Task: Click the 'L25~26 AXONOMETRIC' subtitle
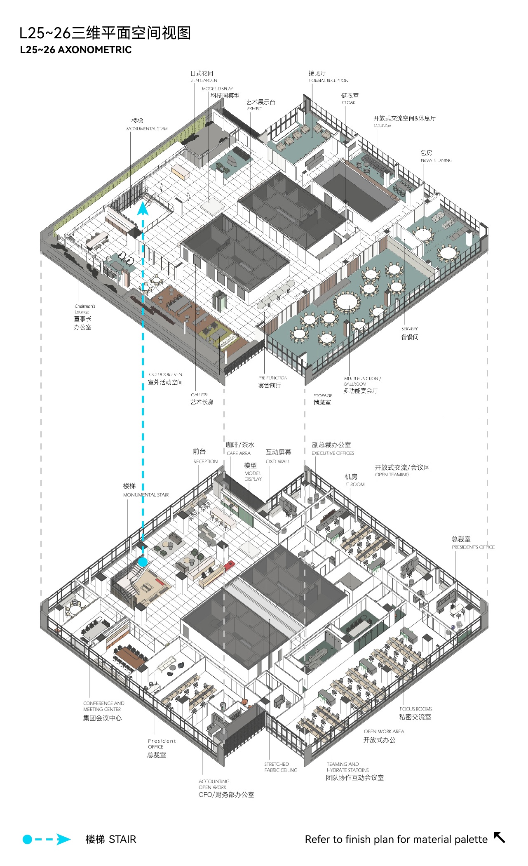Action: (x=76, y=50)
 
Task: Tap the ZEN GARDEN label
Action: (x=204, y=80)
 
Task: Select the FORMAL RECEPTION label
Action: (x=329, y=80)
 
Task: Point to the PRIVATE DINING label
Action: (x=436, y=160)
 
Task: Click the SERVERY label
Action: (x=409, y=329)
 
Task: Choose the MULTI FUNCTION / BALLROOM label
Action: (x=362, y=381)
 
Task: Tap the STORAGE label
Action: (x=323, y=395)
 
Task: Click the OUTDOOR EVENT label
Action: (x=166, y=374)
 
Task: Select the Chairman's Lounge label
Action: (x=84, y=308)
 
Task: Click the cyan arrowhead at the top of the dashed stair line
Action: (x=143, y=208)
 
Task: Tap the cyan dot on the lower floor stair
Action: (x=143, y=562)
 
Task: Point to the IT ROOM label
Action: (x=355, y=484)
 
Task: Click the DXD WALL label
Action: (x=278, y=461)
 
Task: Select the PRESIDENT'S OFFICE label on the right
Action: (x=473, y=547)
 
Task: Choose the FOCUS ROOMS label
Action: (x=415, y=708)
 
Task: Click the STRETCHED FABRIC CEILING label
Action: (x=281, y=767)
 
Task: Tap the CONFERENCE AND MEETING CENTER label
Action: (x=103, y=706)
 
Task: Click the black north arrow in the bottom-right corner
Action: (x=499, y=838)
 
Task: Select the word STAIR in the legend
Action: (x=122, y=839)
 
